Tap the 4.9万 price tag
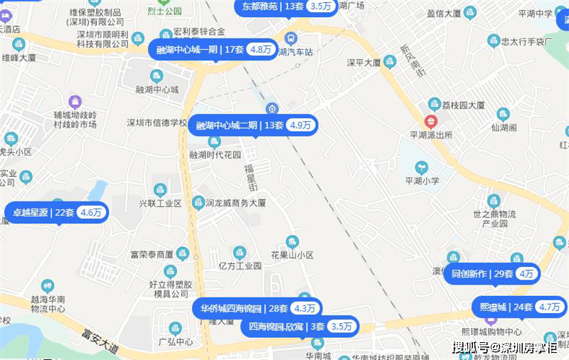pos(301,125)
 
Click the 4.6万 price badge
pos(91,212)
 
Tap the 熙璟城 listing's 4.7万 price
pos(549,307)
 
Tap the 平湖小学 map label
pos(422,181)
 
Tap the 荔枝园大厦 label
pos(463,105)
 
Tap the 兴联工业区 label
pos(160,203)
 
